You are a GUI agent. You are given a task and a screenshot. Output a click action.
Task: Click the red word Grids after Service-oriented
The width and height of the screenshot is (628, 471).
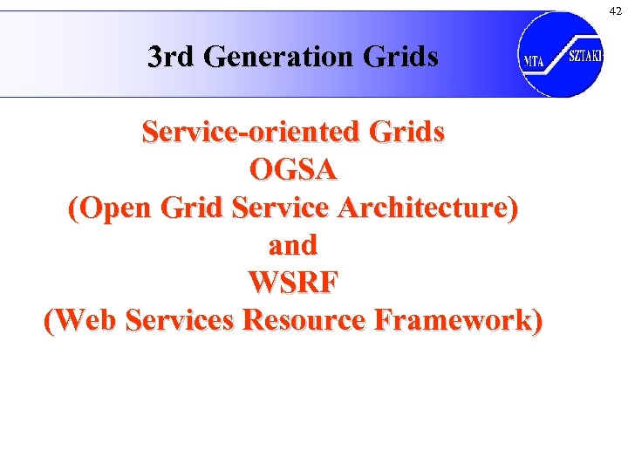point(407,133)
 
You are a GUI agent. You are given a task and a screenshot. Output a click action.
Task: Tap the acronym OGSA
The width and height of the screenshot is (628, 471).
point(293,170)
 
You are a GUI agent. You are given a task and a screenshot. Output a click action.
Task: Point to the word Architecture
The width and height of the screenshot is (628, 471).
point(427,208)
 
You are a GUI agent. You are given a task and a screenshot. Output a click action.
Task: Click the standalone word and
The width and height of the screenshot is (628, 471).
point(293,245)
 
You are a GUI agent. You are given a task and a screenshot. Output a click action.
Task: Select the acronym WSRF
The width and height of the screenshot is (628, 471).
point(293,283)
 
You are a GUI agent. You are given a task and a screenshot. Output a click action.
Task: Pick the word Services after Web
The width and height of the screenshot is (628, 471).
point(181,320)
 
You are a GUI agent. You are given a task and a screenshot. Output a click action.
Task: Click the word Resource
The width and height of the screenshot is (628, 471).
point(304,320)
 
